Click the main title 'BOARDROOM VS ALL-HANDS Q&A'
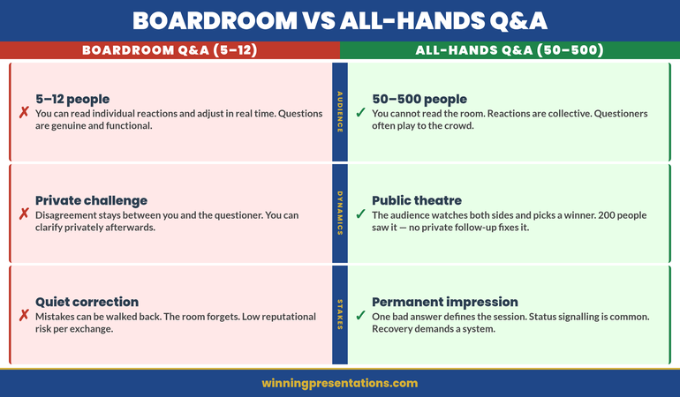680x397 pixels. coord(340,20)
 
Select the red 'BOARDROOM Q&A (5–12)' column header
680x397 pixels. coord(170,50)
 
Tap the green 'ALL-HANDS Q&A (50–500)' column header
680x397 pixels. coord(510,50)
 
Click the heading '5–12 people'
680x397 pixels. coord(72,99)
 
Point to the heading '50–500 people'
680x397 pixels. coord(419,99)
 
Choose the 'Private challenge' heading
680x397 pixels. coord(91,200)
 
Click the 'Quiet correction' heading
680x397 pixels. coord(87,302)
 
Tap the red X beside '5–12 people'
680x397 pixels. coord(24,113)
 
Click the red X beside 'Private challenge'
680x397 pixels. coord(24,214)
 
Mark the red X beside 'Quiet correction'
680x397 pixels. coord(24,316)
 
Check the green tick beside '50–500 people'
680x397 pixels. coord(360,113)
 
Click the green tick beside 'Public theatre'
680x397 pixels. coord(360,214)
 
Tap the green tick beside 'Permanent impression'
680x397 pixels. coord(360,316)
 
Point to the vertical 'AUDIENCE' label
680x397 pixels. coord(340,112)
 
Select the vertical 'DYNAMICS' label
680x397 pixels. coord(340,213)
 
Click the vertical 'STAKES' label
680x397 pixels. coord(340,315)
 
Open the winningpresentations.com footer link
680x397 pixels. coord(340,383)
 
